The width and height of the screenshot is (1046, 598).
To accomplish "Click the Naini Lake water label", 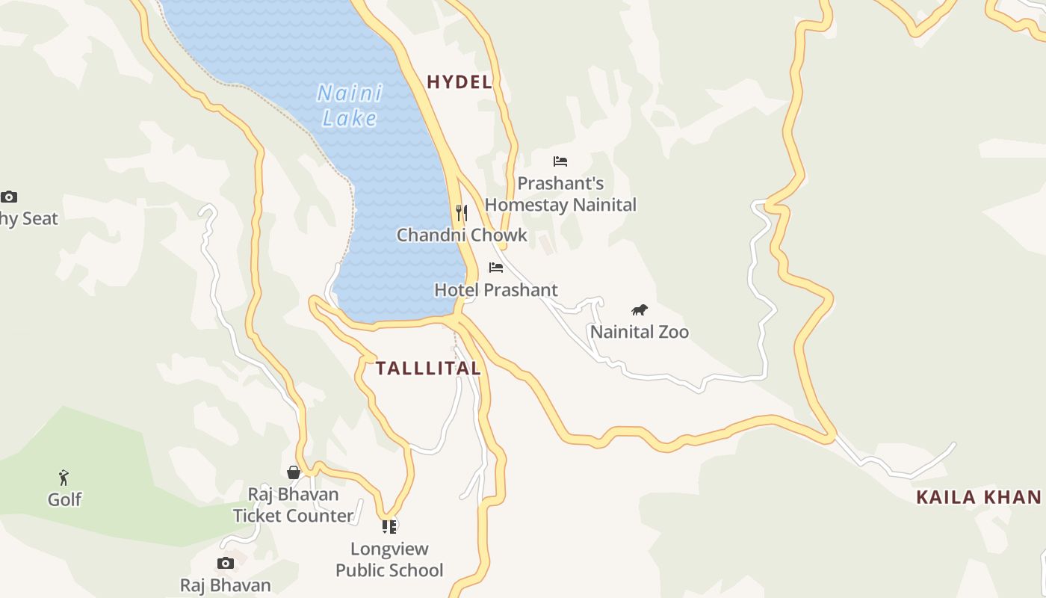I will tap(350, 105).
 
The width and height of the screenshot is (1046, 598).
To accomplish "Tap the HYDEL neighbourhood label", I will tap(459, 82).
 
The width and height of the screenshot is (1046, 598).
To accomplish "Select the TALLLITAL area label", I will tap(428, 368).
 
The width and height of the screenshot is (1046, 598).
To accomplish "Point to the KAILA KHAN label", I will tap(979, 497).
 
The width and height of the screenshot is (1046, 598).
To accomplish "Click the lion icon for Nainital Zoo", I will tap(639, 309).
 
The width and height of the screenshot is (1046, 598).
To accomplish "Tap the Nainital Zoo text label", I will tap(640, 332).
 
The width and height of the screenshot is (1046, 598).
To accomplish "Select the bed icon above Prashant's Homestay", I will tap(560, 161).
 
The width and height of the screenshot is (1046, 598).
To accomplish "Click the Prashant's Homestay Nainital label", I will tap(560, 194).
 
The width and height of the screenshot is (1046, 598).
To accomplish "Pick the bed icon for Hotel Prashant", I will tap(496, 268).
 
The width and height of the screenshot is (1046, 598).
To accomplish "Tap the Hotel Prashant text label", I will tap(496, 290).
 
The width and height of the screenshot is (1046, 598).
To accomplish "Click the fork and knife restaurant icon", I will tap(462, 213).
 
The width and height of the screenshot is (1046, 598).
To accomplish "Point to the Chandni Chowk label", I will tap(462, 235).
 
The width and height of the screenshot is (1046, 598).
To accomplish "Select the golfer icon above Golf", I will tap(64, 477).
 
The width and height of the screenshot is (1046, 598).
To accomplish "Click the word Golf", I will tap(65, 499).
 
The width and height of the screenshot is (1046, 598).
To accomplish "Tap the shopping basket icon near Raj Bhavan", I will tap(294, 472).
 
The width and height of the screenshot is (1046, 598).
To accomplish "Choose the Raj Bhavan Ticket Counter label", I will tap(293, 505).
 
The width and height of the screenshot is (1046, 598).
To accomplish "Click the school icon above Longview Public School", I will tap(389, 527).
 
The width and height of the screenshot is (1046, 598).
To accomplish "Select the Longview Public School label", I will tap(389, 560).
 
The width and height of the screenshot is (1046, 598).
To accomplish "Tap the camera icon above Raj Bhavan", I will tap(226, 563).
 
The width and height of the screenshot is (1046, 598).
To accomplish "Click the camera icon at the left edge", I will tap(9, 197).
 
